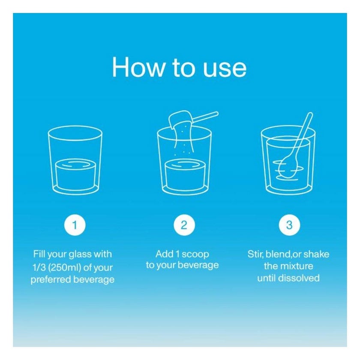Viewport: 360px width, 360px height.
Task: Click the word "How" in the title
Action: tap(138, 67)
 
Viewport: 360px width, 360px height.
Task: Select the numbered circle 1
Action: tap(75, 225)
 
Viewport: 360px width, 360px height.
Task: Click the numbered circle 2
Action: tap(184, 225)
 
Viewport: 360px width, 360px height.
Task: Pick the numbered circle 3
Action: tap(289, 225)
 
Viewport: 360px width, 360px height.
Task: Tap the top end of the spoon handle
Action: tap(310, 114)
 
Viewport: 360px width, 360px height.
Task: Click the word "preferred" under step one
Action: tap(51, 280)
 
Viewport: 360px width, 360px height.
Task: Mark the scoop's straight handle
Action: tap(205, 117)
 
